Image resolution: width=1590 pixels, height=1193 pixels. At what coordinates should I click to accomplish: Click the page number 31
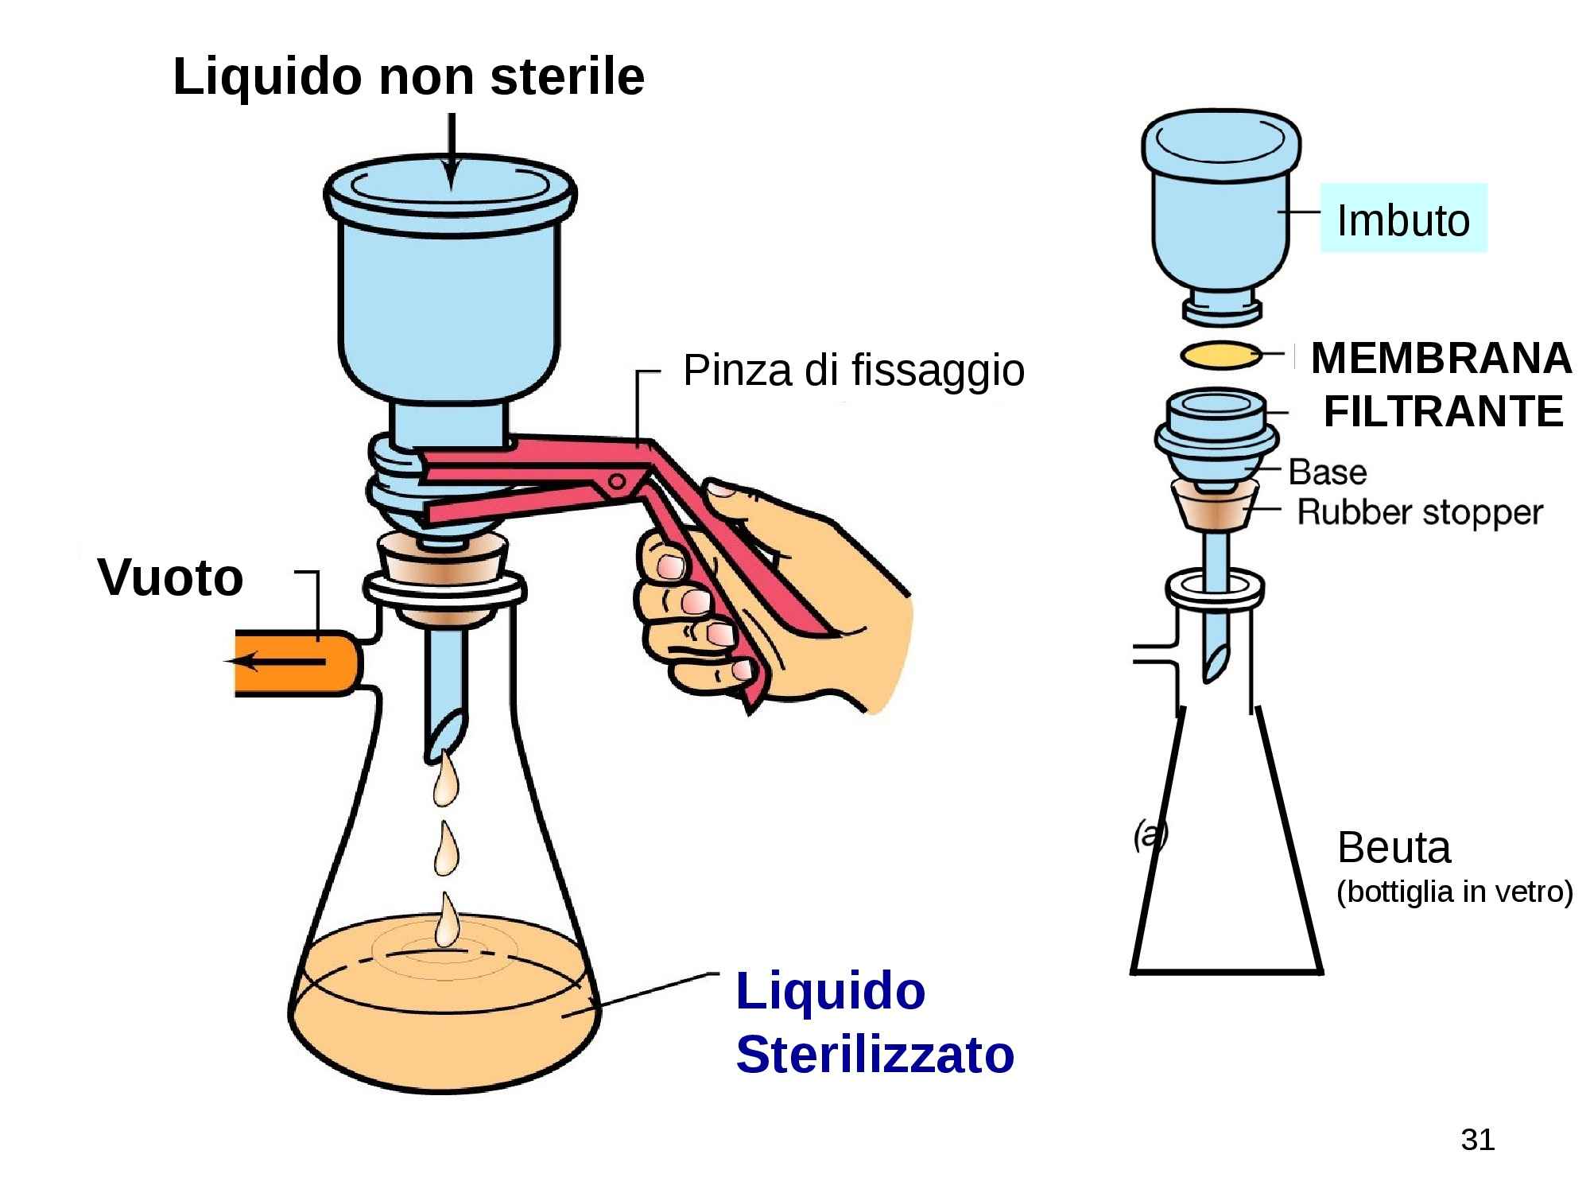tap(1477, 1140)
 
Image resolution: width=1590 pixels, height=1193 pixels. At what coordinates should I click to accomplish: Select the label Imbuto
tap(1403, 220)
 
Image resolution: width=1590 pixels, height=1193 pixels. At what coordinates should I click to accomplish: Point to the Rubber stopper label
tap(1420, 512)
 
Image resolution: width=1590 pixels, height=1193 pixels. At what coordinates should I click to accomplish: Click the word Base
tap(1327, 472)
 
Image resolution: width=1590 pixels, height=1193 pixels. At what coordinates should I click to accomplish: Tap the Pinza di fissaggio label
tap(853, 371)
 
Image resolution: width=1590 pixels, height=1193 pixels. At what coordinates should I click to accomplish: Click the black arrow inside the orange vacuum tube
tap(274, 661)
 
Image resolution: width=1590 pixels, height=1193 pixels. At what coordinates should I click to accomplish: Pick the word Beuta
tap(1394, 848)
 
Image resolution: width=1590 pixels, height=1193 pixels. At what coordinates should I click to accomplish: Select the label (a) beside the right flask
tap(1150, 835)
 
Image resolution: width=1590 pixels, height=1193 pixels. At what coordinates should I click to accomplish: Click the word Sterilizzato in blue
tap(874, 1055)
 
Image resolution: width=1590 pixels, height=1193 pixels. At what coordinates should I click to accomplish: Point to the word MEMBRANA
tap(1441, 358)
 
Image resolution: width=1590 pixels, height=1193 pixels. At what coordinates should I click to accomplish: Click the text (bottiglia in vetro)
tap(1454, 892)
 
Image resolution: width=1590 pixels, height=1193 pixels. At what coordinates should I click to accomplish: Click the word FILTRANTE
tap(1443, 412)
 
